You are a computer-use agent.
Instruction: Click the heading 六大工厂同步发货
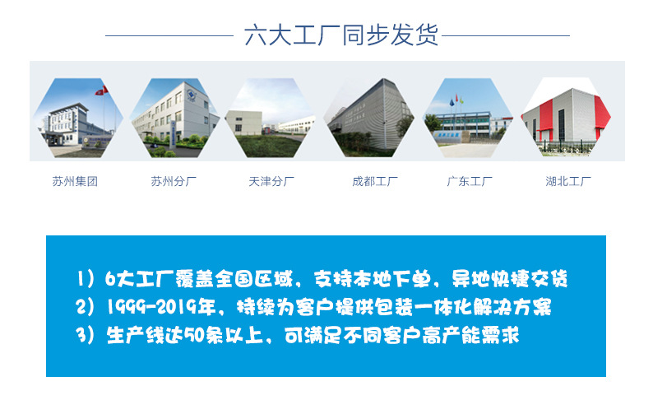click(x=341, y=36)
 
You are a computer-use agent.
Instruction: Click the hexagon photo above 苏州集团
click(x=78, y=118)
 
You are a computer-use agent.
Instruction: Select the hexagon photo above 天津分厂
click(x=271, y=118)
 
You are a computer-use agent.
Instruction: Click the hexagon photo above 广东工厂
click(x=468, y=118)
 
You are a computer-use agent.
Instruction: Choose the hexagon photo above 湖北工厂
click(x=566, y=118)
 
